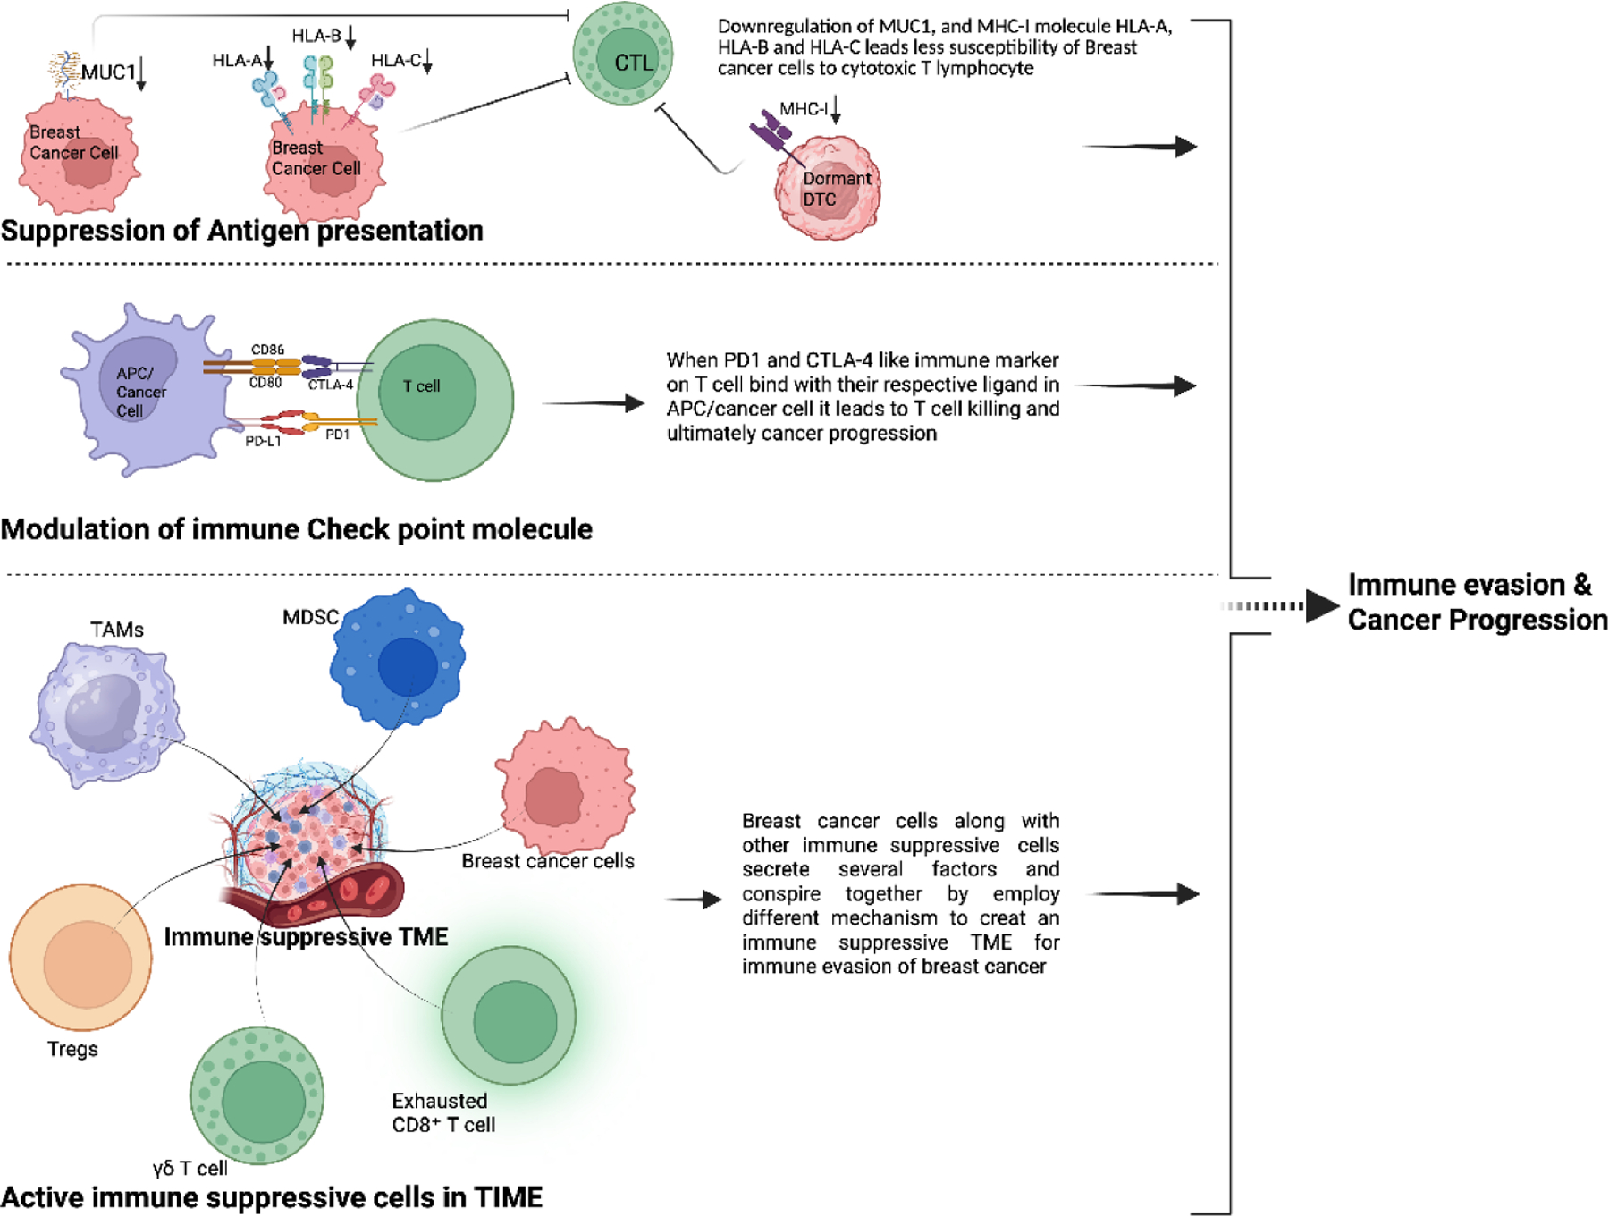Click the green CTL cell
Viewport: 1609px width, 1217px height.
623,53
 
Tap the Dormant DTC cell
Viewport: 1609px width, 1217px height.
828,188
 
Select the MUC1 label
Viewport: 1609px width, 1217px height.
108,72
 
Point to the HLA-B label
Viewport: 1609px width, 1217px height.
316,36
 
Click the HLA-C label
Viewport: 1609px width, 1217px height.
396,60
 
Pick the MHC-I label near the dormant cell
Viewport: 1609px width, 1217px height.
804,109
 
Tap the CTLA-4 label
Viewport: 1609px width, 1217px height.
331,385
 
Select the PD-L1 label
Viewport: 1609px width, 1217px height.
263,441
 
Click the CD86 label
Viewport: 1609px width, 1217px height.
267,350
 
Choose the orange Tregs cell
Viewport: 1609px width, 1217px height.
80,958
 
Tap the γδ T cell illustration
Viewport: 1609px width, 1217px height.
257,1096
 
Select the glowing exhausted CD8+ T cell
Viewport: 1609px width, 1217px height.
510,1016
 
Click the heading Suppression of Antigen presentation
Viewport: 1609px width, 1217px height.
241,231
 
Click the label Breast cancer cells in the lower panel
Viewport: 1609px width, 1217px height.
548,861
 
